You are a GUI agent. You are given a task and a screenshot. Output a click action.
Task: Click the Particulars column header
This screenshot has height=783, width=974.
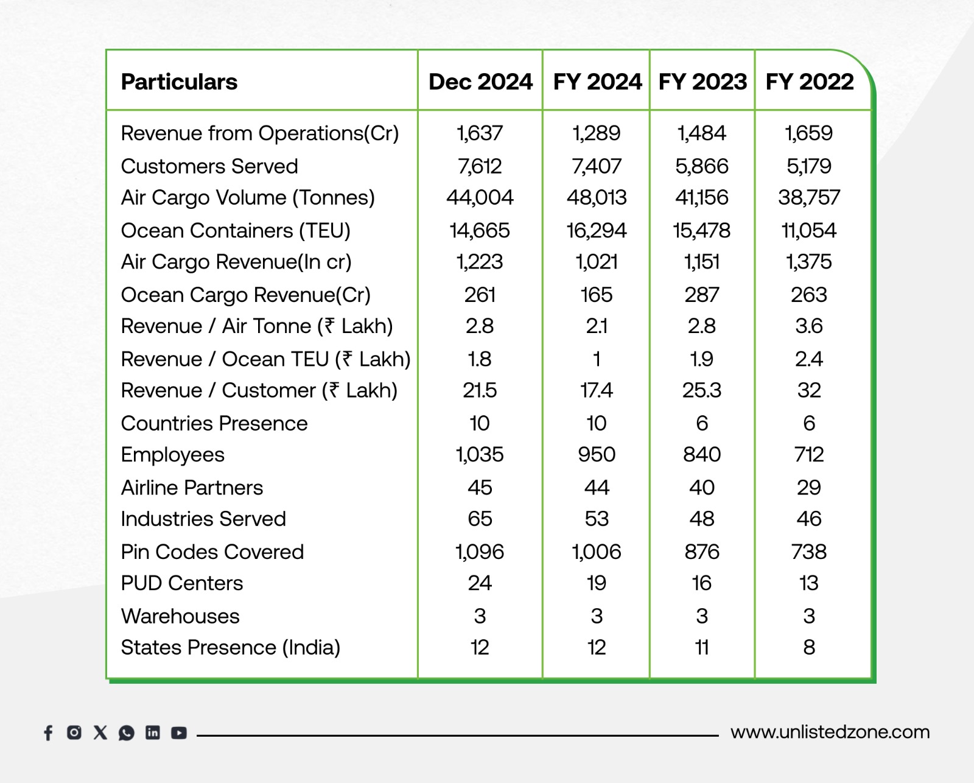(x=179, y=82)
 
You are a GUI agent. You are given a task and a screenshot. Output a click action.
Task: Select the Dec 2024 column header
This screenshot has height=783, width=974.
(x=480, y=82)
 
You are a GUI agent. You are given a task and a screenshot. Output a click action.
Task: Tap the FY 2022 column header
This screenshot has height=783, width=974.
(x=809, y=82)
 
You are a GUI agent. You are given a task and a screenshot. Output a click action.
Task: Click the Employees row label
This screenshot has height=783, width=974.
(x=172, y=455)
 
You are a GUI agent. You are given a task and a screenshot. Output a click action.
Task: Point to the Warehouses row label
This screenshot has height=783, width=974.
(x=180, y=616)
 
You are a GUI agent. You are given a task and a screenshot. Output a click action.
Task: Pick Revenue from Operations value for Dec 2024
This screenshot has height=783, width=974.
(x=480, y=133)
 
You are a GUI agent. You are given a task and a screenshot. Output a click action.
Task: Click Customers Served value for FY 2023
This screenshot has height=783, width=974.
(x=701, y=166)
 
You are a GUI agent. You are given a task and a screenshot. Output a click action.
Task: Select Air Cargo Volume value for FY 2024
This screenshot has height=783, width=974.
(x=596, y=197)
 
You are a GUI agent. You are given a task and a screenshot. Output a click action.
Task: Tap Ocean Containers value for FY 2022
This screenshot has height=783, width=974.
(x=808, y=231)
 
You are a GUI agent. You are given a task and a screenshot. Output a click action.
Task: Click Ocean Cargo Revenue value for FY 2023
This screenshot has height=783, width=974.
(x=701, y=295)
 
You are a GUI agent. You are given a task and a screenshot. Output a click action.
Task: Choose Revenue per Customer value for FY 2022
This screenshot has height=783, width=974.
(x=808, y=390)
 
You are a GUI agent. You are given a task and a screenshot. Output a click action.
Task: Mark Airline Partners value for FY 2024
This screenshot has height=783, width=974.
(x=596, y=488)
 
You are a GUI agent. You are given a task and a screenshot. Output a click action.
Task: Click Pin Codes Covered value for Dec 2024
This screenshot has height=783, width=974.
(x=480, y=552)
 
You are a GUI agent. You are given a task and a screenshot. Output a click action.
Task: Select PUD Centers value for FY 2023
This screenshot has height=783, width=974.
(x=701, y=583)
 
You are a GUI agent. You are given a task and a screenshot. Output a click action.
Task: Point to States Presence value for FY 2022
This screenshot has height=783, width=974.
(x=808, y=647)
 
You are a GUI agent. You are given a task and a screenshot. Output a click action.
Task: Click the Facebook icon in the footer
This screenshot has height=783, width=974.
(x=48, y=732)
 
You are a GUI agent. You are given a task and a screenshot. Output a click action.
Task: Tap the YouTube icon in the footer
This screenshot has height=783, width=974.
(x=178, y=732)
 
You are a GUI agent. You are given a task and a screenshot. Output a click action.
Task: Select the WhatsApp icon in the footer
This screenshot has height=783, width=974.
(x=127, y=732)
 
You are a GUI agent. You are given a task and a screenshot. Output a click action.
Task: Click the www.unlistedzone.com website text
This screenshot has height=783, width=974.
(x=830, y=732)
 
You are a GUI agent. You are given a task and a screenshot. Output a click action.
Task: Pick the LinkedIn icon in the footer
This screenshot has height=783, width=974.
(x=153, y=732)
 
